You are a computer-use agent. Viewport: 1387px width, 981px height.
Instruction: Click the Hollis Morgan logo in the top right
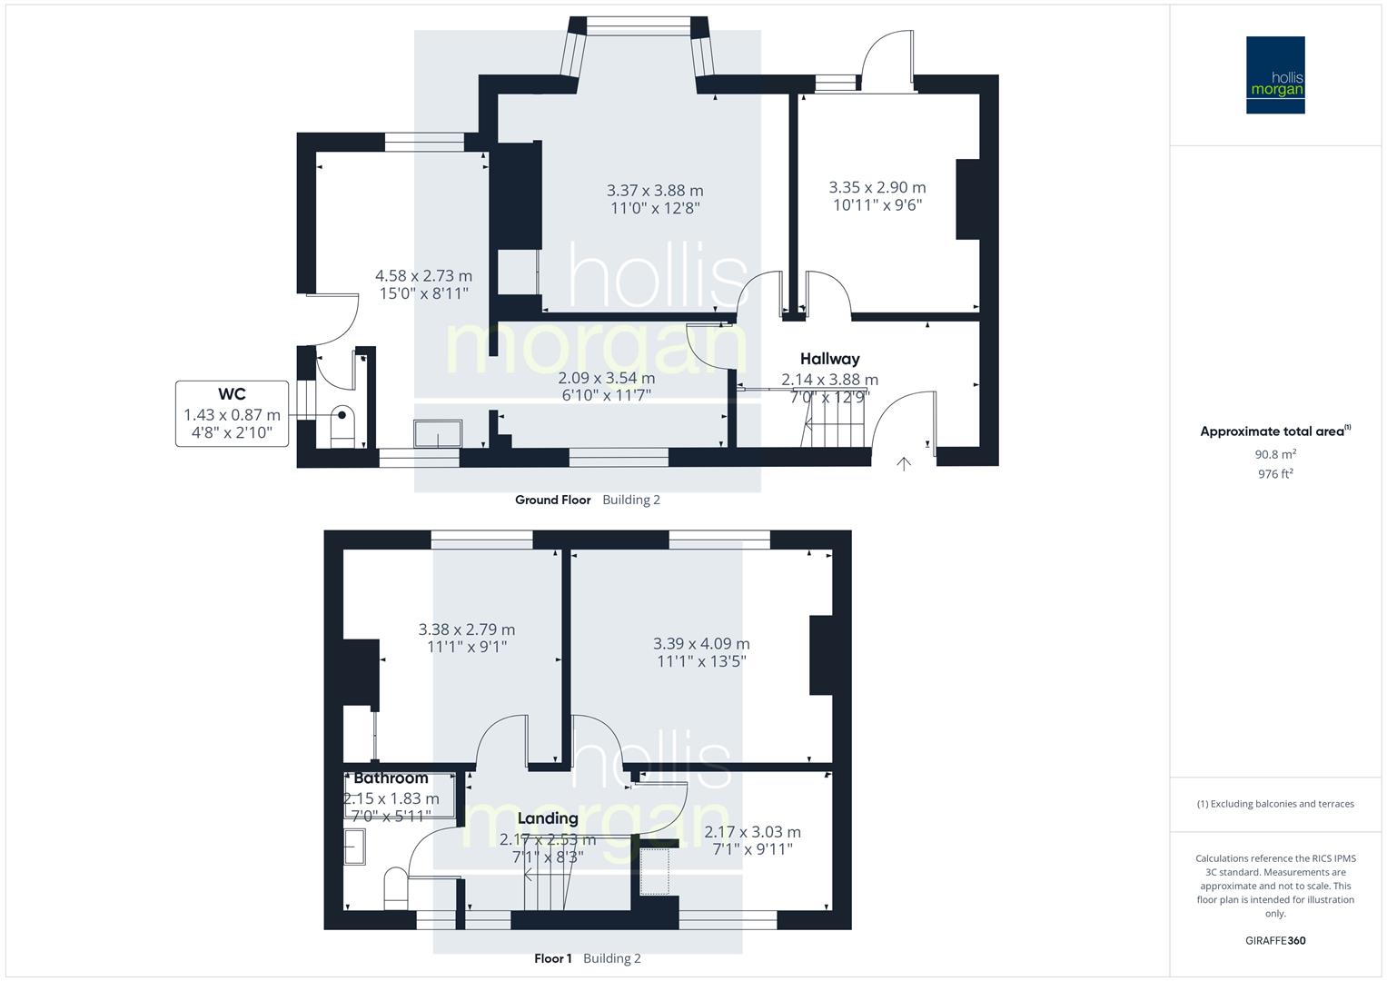pyautogui.click(x=1274, y=75)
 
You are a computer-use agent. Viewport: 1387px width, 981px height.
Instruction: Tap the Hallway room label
pyautogui.click(x=829, y=359)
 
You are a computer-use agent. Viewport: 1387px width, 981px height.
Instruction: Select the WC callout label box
pyautogui.click(x=232, y=413)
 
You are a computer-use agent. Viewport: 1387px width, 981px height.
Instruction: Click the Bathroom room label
pyautogui.click(x=391, y=778)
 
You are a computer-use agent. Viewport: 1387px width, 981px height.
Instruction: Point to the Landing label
pyautogui.click(x=548, y=818)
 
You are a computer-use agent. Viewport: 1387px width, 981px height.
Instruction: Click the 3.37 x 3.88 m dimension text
pyautogui.click(x=655, y=191)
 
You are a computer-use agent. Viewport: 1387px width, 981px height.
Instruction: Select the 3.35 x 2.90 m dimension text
pyautogui.click(x=877, y=187)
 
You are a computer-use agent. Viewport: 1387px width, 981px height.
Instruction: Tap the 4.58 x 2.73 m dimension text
pyautogui.click(x=424, y=276)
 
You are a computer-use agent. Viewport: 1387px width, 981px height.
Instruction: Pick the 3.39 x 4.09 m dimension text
pyautogui.click(x=701, y=644)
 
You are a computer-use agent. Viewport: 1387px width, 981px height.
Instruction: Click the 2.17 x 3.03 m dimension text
pyautogui.click(x=752, y=832)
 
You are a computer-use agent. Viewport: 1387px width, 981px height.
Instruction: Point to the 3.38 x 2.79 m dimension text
pyautogui.click(x=467, y=629)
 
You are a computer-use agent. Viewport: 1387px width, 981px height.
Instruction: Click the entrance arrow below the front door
pyautogui.click(x=904, y=464)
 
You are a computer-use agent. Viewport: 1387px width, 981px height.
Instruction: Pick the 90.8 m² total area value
pyautogui.click(x=1275, y=454)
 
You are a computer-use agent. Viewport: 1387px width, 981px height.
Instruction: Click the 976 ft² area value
pyautogui.click(x=1275, y=474)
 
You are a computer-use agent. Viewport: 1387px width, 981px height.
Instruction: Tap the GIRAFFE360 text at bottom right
pyautogui.click(x=1275, y=941)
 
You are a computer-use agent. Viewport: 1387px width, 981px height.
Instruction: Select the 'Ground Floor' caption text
pyautogui.click(x=552, y=500)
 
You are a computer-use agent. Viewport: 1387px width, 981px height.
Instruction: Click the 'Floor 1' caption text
pyautogui.click(x=552, y=958)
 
